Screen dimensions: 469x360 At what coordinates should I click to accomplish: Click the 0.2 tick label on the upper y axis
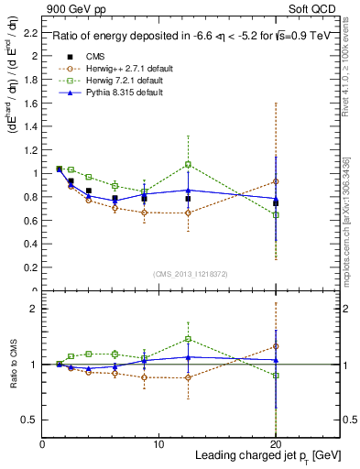(x=29, y=267)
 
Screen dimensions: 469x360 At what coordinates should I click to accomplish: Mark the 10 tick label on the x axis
(x=158, y=444)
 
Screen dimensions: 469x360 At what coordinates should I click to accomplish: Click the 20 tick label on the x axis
(x=276, y=444)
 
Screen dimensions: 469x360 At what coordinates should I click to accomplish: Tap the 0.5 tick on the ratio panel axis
(x=29, y=420)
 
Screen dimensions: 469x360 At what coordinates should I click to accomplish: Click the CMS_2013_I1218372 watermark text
(x=190, y=275)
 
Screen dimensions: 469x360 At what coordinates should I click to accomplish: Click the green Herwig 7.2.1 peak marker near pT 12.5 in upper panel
(x=188, y=165)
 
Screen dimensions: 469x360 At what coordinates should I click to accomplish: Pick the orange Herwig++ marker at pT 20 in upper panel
(x=276, y=181)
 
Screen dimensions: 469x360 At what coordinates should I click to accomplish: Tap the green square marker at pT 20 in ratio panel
(x=276, y=376)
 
